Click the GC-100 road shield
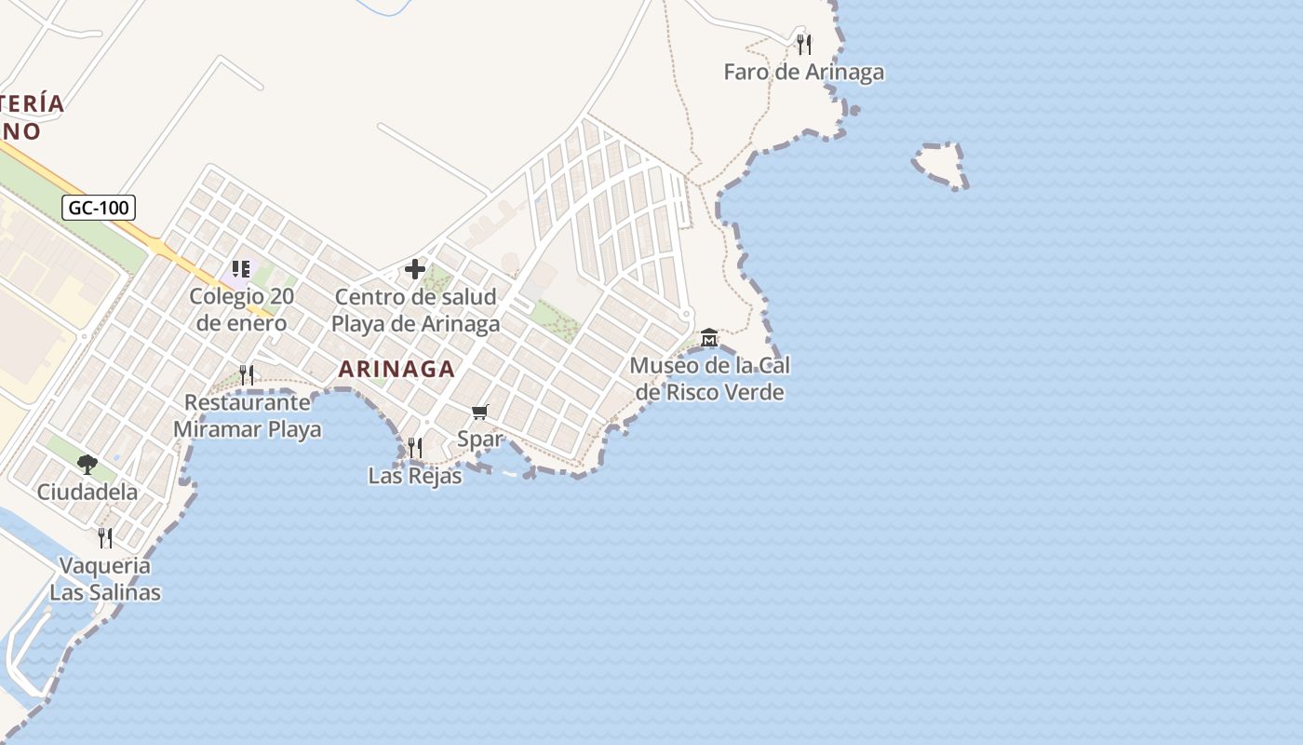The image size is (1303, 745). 99,208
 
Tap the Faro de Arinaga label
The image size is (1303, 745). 804,72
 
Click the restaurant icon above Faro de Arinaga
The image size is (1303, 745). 804,44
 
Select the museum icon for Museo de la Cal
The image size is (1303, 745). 709,336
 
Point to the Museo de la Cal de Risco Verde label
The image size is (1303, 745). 710,378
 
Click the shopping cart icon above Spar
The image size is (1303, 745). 480,412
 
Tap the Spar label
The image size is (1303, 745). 480,439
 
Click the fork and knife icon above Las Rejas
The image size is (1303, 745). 414,448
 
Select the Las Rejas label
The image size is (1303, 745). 415,476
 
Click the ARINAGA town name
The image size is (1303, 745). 396,369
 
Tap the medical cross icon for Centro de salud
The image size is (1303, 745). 415,270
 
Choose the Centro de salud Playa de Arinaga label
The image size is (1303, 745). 415,310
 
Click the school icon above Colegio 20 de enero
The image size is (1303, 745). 242,270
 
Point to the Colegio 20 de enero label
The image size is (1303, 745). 242,310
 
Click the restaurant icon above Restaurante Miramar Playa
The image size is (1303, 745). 247,374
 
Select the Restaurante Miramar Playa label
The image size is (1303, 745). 248,416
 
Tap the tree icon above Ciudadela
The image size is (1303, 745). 87,464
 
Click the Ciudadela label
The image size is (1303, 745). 87,492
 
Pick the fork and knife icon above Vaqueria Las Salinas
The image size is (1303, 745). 105,537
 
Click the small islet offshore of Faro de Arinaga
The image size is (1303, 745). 938,165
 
